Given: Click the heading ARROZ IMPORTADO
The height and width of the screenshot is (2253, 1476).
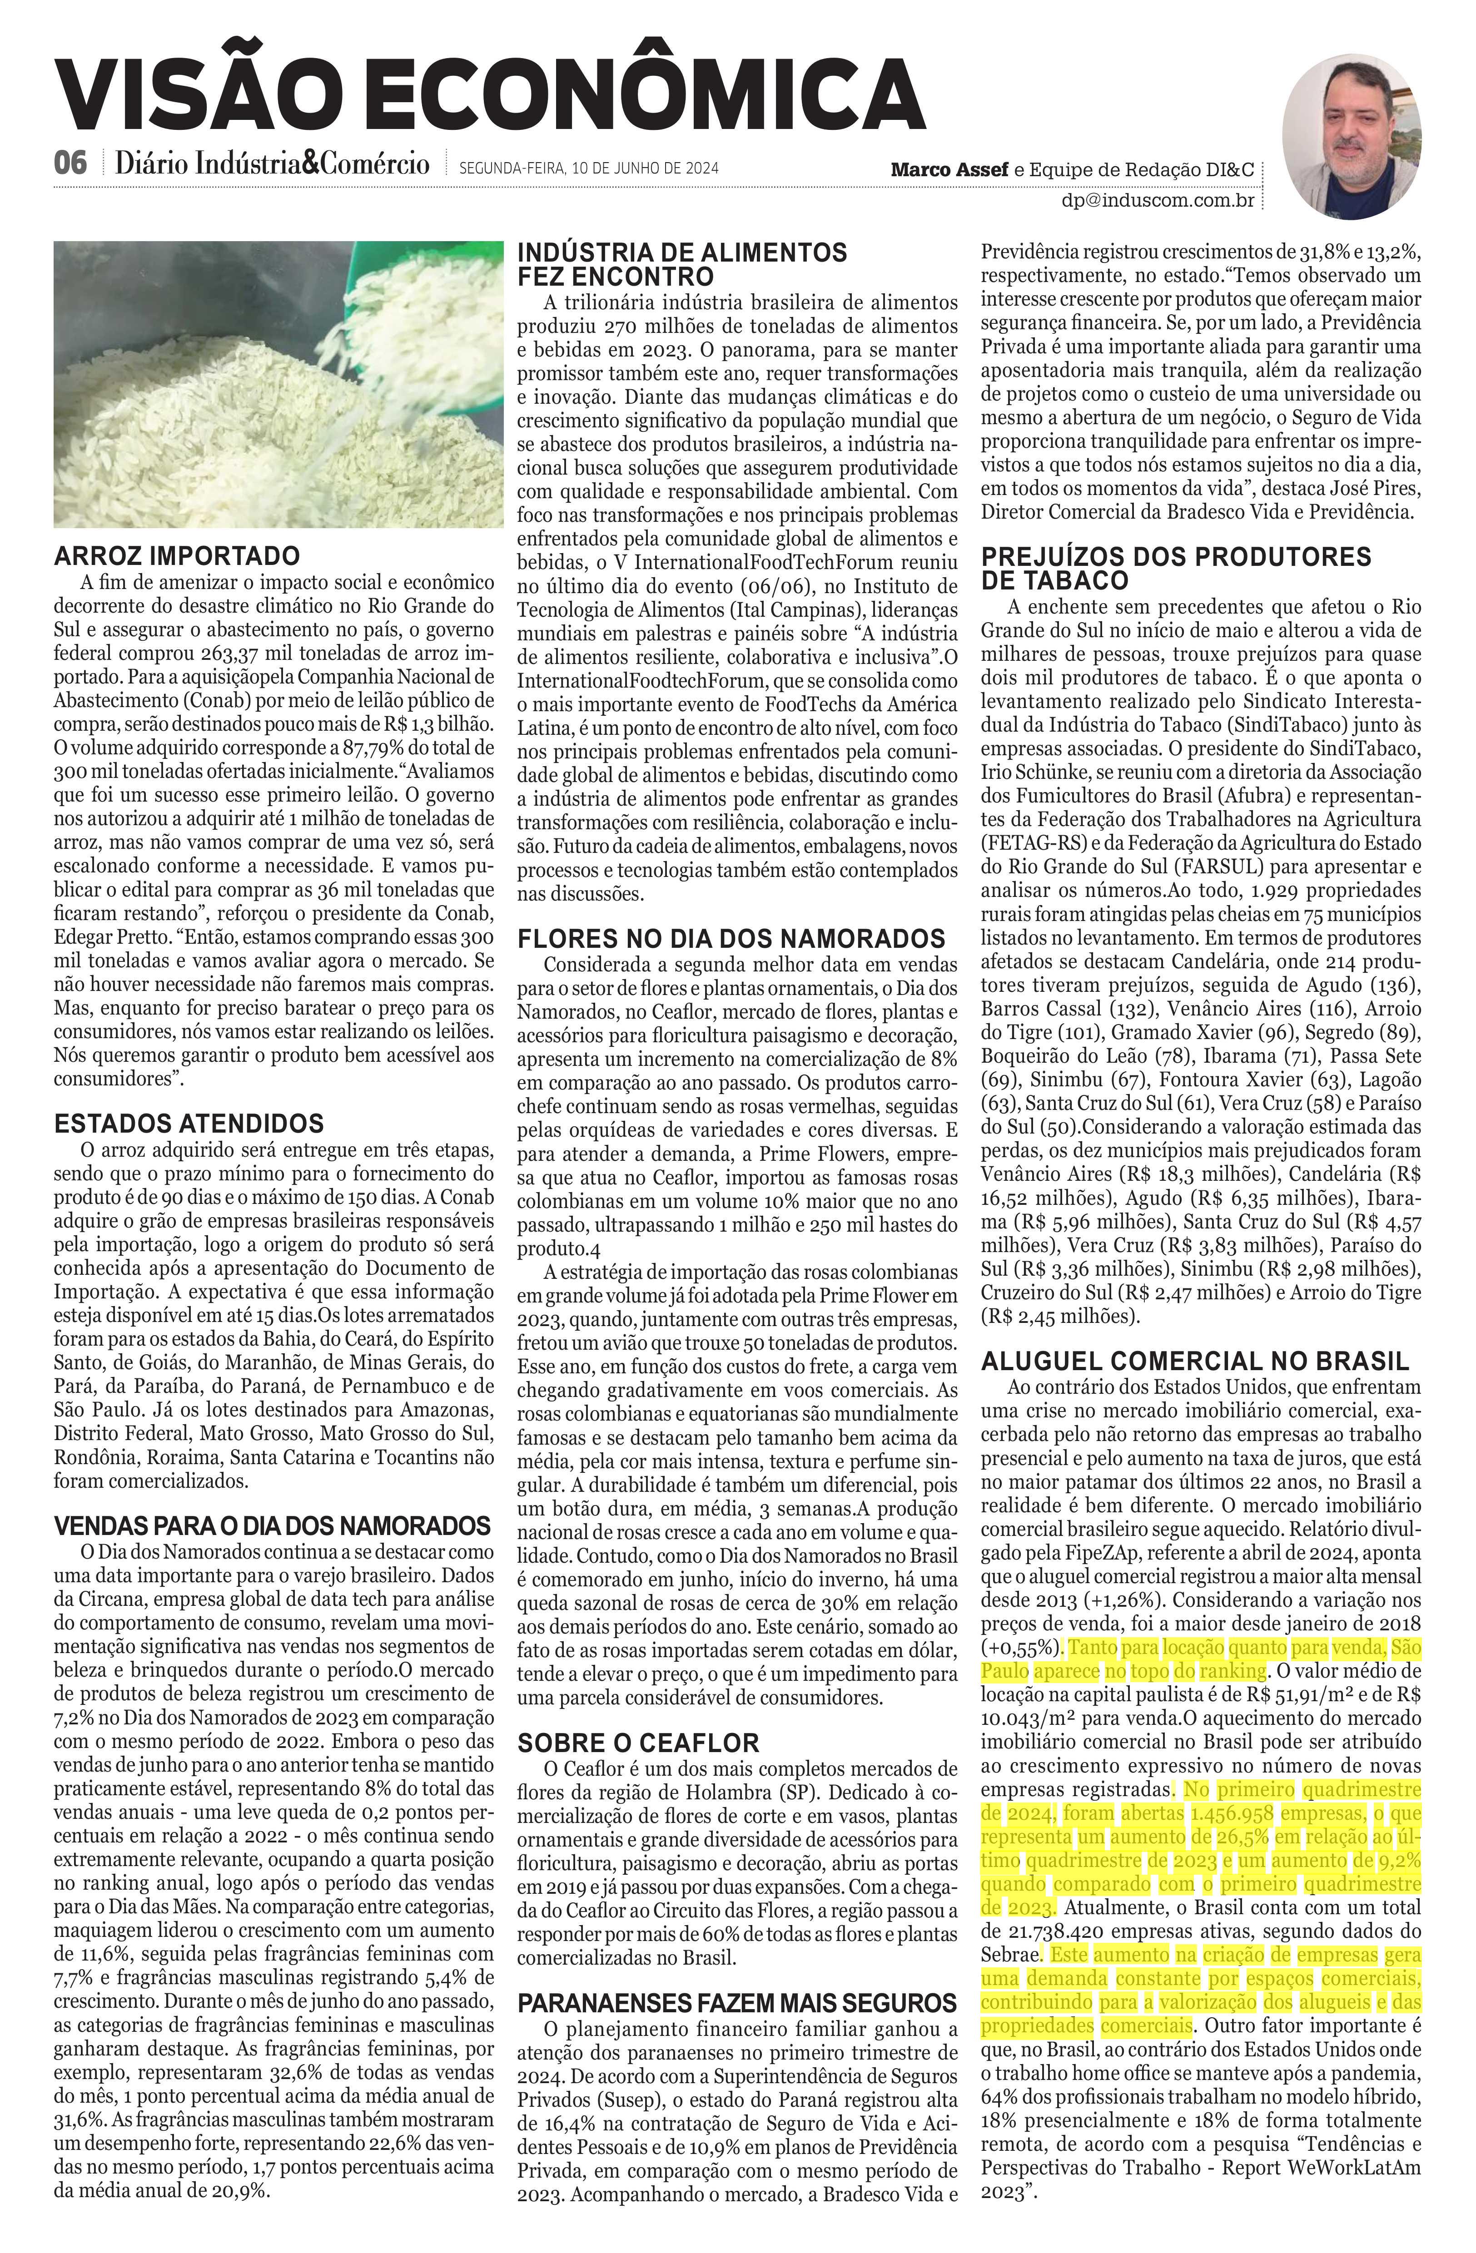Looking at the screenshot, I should (x=177, y=556).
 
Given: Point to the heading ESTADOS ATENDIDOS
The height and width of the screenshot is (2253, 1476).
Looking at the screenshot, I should (x=189, y=1124).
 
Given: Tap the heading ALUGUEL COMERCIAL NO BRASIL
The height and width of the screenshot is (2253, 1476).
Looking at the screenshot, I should (x=1195, y=1361).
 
